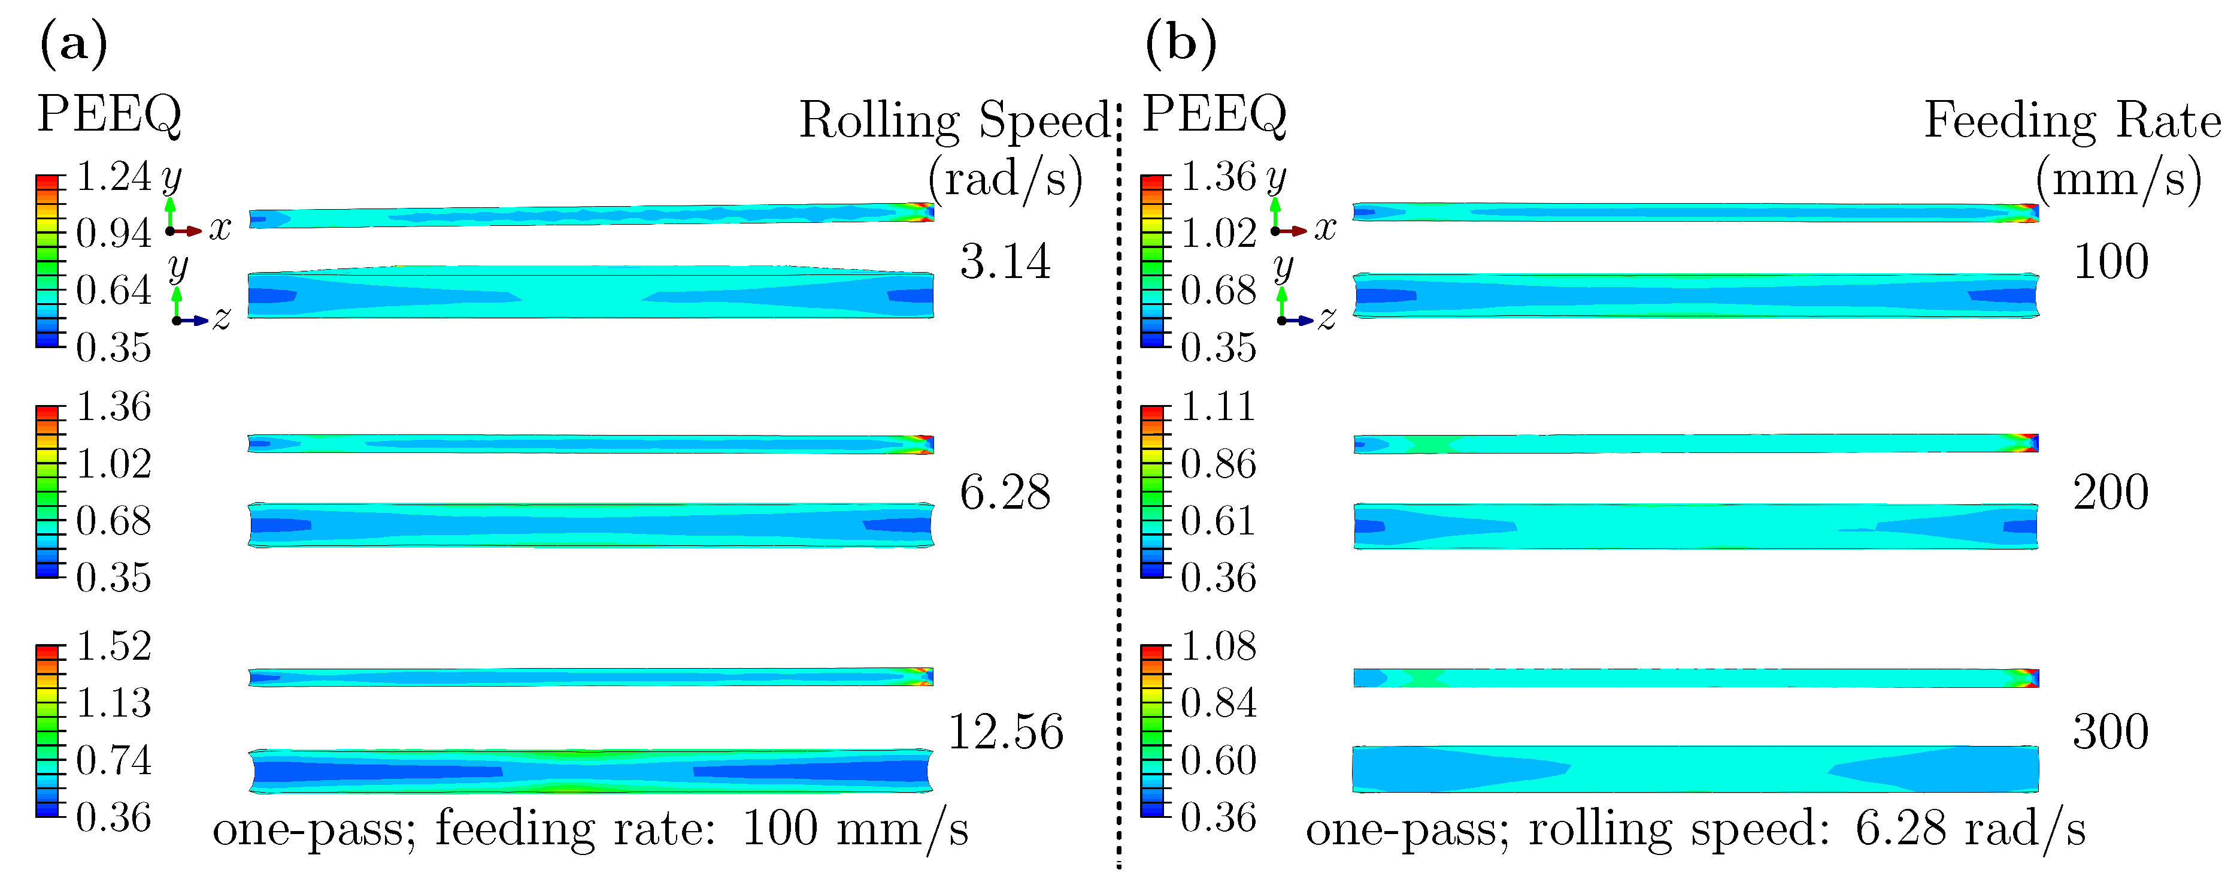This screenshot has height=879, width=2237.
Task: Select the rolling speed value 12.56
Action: pos(1005,732)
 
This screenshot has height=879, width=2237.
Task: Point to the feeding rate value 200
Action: pos(2110,493)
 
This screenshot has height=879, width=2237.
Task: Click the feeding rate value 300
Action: pos(2110,732)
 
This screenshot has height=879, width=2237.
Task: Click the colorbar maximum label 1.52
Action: pos(114,647)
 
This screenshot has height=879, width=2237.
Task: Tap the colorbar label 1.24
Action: pos(114,177)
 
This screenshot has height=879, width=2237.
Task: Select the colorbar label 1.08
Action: pos(1218,647)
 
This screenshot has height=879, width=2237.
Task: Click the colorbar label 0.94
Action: pos(114,234)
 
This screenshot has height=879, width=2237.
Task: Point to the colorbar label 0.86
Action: pos(1218,464)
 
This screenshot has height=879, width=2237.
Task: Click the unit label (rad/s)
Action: pos(1005,180)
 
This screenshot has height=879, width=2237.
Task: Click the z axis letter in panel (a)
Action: pos(222,319)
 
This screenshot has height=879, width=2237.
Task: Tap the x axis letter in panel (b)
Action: pos(1325,228)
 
